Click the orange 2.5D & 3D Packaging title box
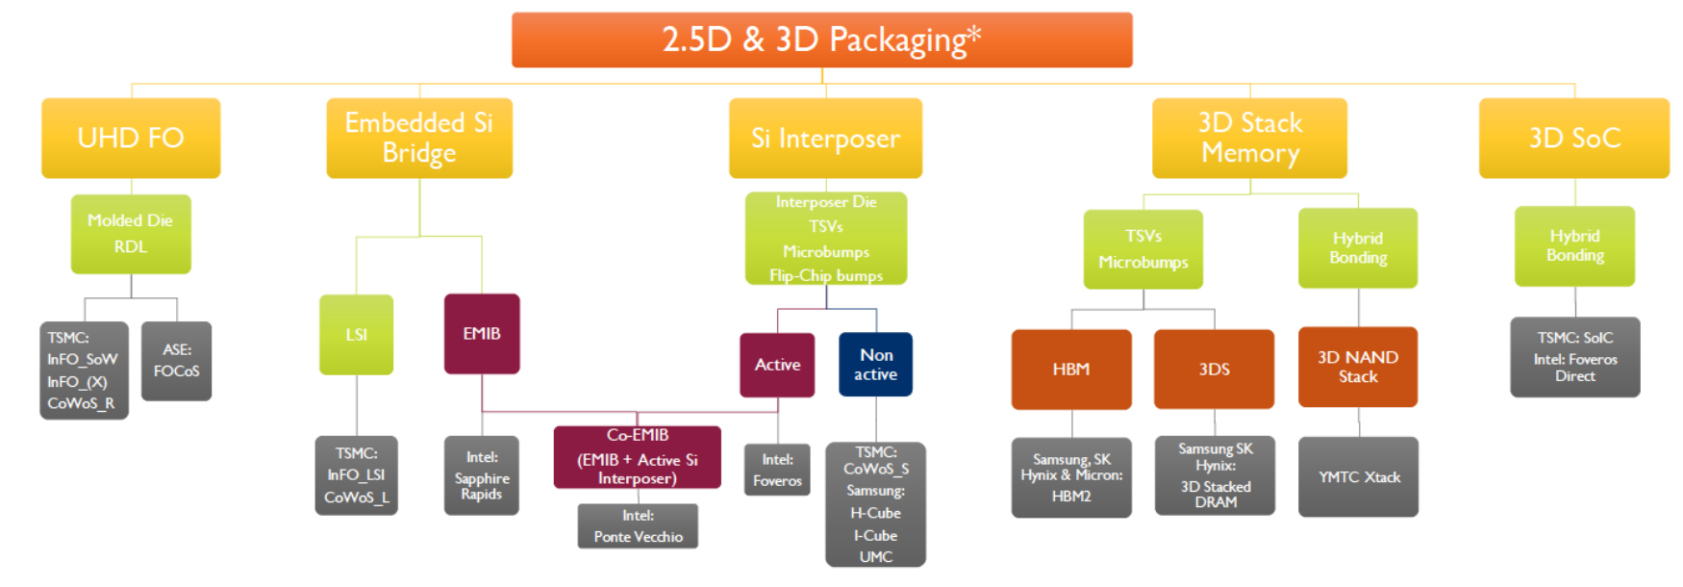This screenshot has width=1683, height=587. [821, 39]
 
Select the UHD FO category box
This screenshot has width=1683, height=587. [131, 138]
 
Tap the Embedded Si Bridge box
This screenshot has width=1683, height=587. [419, 138]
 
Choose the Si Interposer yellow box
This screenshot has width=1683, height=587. [825, 138]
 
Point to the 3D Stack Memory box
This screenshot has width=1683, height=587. [1249, 138]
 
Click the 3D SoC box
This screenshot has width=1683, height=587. [1573, 138]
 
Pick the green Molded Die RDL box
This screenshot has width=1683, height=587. [131, 234]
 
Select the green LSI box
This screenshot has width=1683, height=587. [356, 334]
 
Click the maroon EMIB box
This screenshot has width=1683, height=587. [482, 333]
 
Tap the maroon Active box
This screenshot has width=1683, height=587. [777, 364]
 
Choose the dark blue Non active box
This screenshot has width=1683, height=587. [875, 364]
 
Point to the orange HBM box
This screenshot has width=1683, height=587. [1070, 369]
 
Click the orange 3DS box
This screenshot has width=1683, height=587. [1214, 369]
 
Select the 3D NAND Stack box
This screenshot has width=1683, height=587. [1358, 367]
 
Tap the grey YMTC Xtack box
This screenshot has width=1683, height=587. [1358, 476]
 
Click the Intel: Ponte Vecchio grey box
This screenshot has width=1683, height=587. [638, 526]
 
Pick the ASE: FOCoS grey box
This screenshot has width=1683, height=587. [176, 360]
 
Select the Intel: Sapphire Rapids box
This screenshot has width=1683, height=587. [482, 475]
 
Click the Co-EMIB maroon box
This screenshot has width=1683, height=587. [637, 457]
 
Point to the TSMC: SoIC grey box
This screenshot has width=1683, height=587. [1574, 357]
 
